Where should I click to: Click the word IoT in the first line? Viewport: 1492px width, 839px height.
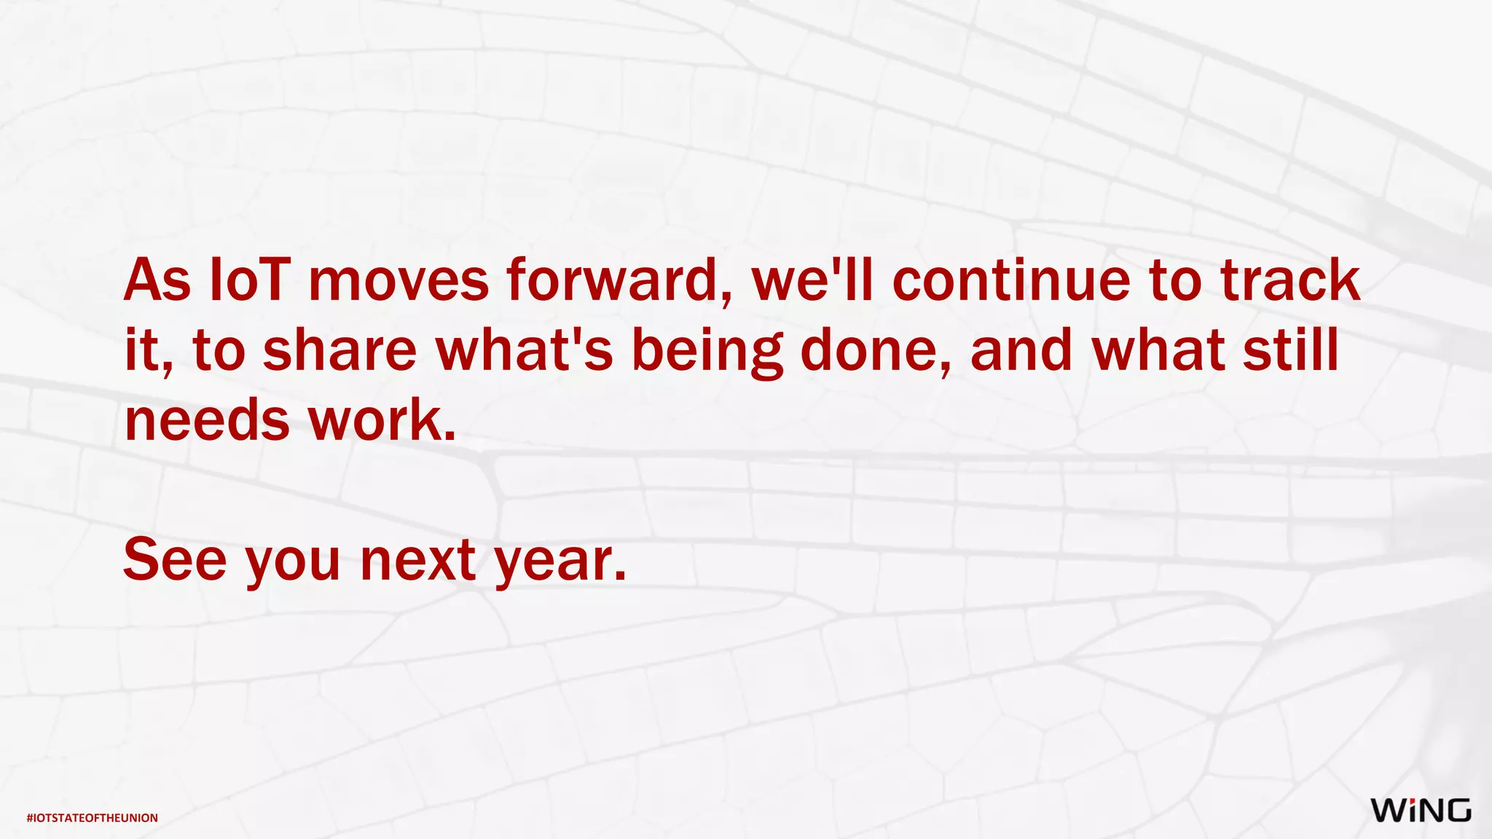[250, 280]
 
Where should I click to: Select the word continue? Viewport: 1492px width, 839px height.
[1012, 280]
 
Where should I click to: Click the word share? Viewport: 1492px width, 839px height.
[339, 350]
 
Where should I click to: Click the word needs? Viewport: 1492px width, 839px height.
[207, 421]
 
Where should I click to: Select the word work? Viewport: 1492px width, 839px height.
[382, 421]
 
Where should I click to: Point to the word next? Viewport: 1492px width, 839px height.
[418, 561]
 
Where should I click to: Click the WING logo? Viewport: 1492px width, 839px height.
[1421, 811]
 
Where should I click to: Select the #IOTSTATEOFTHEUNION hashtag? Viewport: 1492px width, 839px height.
[93, 818]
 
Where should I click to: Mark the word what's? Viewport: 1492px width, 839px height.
[525, 350]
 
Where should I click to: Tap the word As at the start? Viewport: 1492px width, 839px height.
[157, 280]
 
